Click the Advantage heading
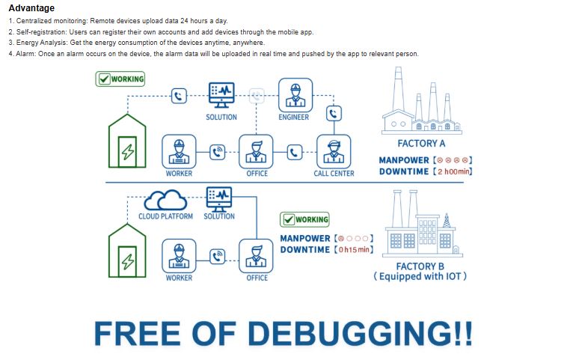[x=31, y=8]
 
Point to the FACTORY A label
[x=421, y=143]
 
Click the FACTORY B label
[x=420, y=266]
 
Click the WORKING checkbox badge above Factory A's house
[x=120, y=79]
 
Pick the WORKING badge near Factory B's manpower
[x=304, y=219]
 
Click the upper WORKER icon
[x=179, y=151]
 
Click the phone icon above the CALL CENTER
[x=334, y=114]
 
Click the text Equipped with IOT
[x=420, y=277]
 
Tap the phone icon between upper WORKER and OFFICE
[x=218, y=152]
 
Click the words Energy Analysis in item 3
[x=41, y=43]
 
